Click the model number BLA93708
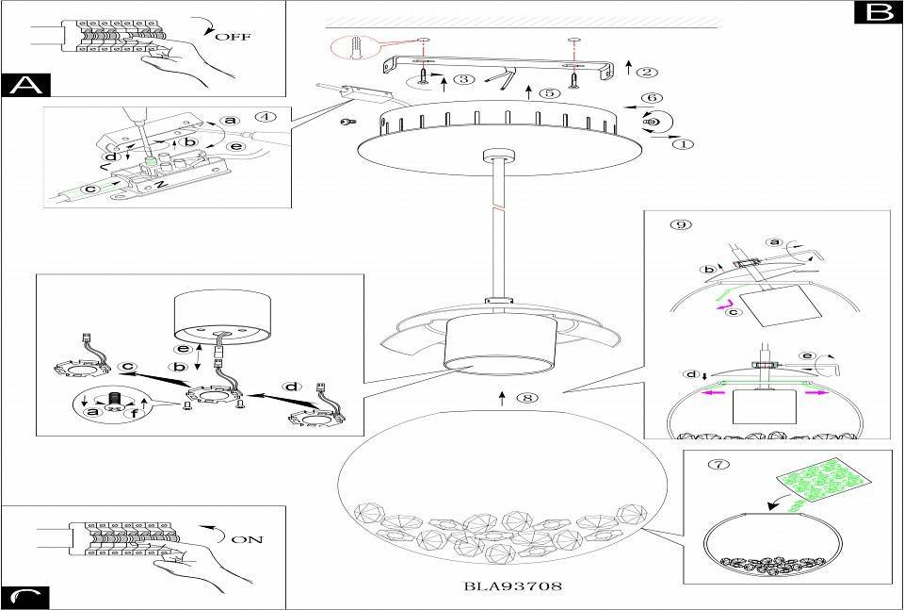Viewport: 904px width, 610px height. pos(513,585)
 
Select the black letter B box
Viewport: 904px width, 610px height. pos(877,12)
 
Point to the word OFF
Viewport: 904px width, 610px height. pos(234,37)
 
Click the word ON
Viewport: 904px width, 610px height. pos(246,540)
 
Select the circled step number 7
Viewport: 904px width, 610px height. pos(722,464)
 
